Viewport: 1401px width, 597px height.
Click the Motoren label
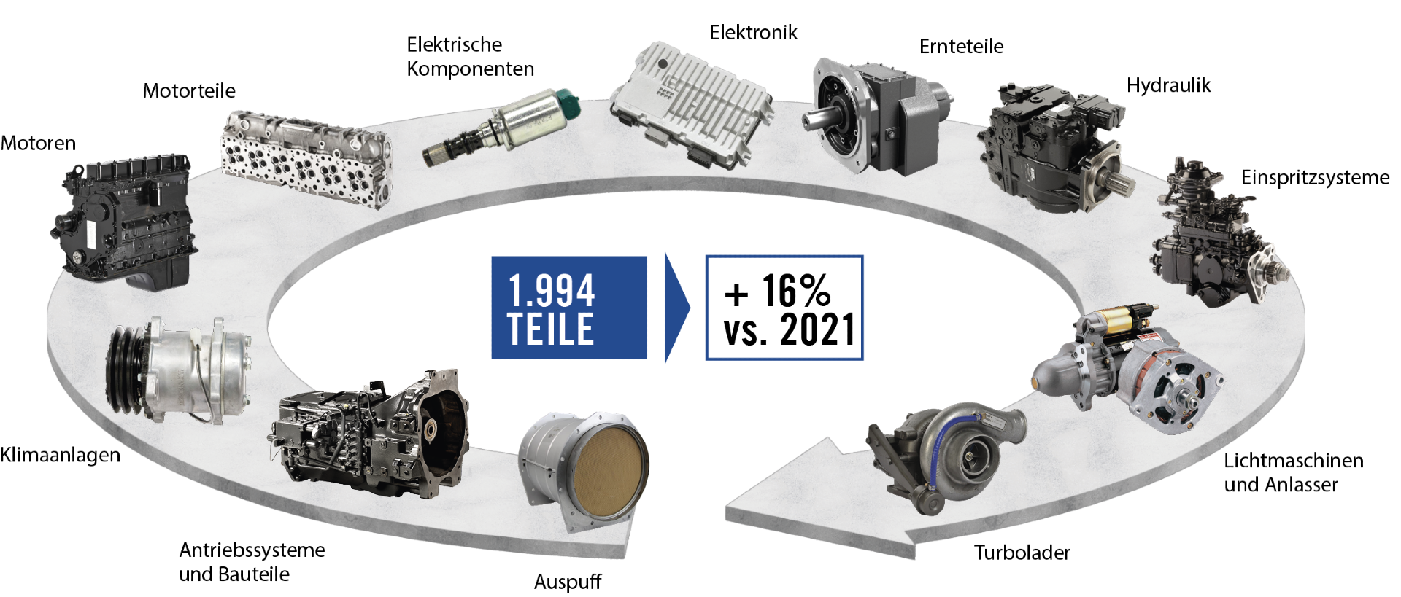pyautogui.click(x=38, y=143)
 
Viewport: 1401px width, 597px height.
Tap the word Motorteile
pyautogui.click(x=189, y=91)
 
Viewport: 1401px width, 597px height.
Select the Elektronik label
pyautogui.click(x=753, y=33)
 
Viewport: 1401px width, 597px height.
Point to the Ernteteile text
pyautogui.click(x=961, y=47)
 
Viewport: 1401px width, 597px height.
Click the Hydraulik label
pyautogui.click(x=1168, y=86)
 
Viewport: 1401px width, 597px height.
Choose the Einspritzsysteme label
pyautogui.click(x=1315, y=178)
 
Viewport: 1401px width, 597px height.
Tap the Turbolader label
pyautogui.click(x=1022, y=553)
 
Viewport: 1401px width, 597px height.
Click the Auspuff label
pyautogui.click(x=568, y=582)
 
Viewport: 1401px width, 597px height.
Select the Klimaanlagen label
pyautogui.click(x=60, y=456)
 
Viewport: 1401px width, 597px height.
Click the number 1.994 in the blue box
pyautogui.click(x=552, y=290)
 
